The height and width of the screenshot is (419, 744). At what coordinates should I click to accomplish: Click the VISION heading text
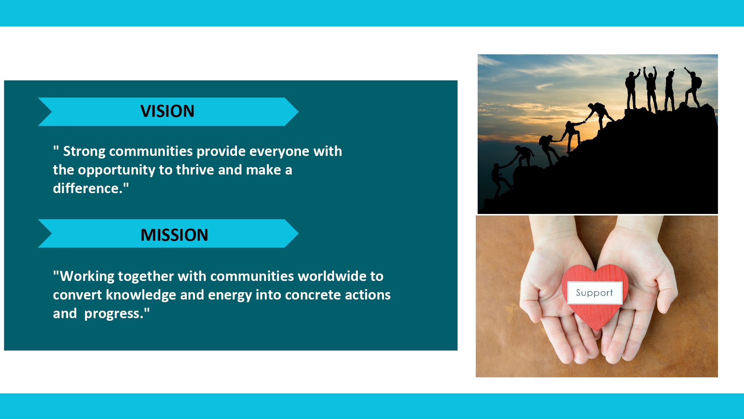167,111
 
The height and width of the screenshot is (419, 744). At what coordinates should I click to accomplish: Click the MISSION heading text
174,235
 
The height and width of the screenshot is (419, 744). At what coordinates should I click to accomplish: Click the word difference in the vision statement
88,189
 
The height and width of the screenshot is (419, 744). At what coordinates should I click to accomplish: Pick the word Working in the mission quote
87,276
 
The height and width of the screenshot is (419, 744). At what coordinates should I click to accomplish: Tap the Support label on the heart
594,293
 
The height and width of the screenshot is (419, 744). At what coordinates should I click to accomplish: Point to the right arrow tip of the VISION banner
298,112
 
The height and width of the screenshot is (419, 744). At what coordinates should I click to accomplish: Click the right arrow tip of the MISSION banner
298,233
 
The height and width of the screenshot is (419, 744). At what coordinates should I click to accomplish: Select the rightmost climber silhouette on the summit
693,88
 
